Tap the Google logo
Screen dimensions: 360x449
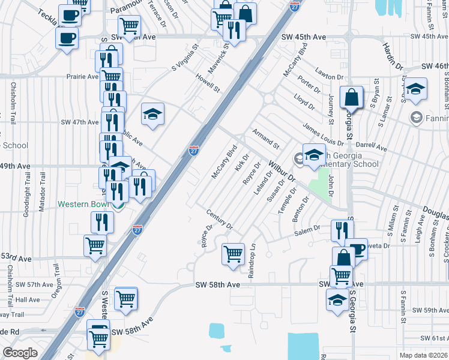click(20, 353)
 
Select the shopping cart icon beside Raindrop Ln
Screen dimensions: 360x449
click(232, 253)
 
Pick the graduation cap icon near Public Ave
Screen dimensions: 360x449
click(152, 113)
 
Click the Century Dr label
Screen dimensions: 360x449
click(218, 220)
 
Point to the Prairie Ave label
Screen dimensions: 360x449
click(82, 77)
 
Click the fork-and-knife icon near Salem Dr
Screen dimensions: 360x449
click(342, 230)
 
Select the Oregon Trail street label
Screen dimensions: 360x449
click(57, 280)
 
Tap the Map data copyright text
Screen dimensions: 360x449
click(424, 355)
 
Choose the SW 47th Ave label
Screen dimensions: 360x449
click(79, 122)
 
